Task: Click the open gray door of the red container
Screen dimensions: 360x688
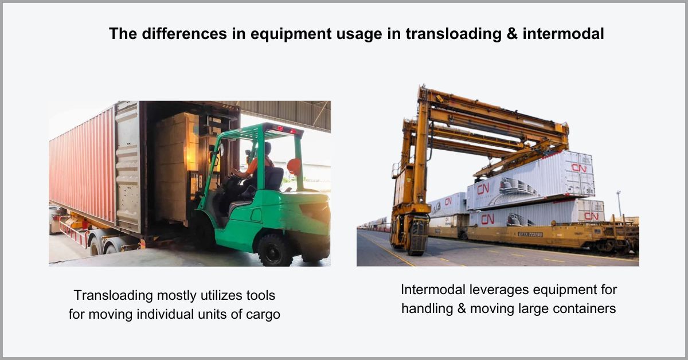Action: point(127,166)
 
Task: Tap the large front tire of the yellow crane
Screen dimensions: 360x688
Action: point(417,236)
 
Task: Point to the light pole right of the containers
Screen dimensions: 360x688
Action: point(619,203)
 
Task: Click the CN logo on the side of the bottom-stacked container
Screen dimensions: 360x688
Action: point(488,219)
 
